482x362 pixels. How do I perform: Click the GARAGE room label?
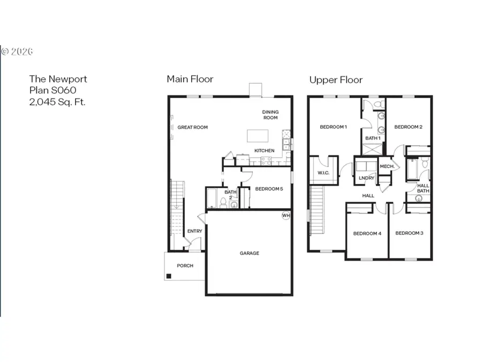(x=249, y=253)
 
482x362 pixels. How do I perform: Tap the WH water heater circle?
(x=286, y=215)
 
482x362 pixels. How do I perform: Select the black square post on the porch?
(x=169, y=276)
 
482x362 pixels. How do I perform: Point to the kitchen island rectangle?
(x=258, y=136)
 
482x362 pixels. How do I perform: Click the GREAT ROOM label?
(x=192, y=127)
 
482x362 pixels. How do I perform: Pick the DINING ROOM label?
(x=270, y=115)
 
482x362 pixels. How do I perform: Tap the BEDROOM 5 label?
(x=269, y=189)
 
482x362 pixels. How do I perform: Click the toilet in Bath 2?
(x=223, y=203)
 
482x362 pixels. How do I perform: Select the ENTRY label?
(x=194, y=231)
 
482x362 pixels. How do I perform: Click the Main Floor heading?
(x=190, y=79)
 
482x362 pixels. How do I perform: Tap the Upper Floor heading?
(x=336, y=80)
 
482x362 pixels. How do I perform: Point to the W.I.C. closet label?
(x=323, y=173)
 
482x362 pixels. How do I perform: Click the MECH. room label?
(x=387, y=166)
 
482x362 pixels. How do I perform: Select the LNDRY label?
(x=366, y=178)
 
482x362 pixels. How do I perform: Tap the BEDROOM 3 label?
(x=409, y=233)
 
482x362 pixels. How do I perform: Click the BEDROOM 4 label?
(x=367, y=233)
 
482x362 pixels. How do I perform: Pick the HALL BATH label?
(x=423, y=188)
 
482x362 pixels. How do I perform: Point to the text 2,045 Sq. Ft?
(x=57, y=102)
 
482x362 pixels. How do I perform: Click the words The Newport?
(x=58, y=79)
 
